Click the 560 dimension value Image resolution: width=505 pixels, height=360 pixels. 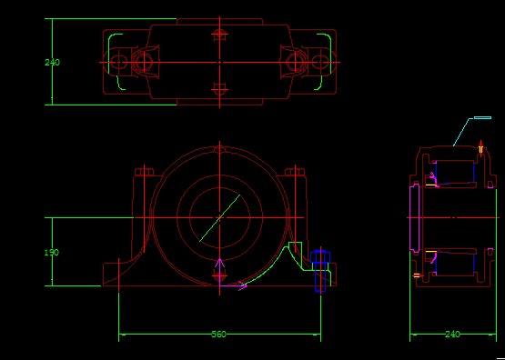218,335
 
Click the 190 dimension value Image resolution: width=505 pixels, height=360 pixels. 52,253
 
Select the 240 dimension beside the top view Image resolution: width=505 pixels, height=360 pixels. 52,63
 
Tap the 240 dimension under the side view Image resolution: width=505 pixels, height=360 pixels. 452,335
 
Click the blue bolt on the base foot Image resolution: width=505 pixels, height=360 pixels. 320,271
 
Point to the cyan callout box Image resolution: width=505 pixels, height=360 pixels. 482,118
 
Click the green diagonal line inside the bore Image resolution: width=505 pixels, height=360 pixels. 219,218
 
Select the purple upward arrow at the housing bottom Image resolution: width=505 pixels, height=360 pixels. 219,272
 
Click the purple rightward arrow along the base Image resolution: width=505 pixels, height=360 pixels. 234,285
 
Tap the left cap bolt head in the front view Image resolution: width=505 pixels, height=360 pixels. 144,172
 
